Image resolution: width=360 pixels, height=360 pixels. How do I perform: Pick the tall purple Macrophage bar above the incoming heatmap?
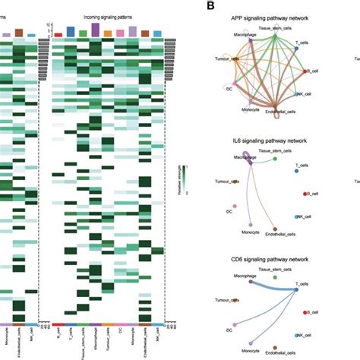point(95,30)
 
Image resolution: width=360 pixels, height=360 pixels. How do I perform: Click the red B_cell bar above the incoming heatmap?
point(58,34)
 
